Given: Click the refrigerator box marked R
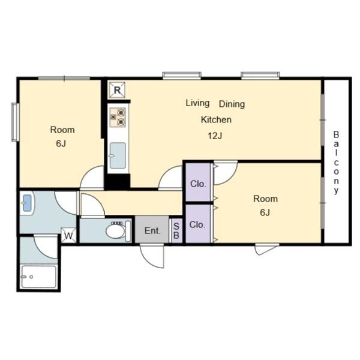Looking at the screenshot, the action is (117, 90).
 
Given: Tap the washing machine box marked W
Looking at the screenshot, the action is (68, 235).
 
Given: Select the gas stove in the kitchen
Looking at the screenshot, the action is (118, 118).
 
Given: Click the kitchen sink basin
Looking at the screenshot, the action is (118, 155).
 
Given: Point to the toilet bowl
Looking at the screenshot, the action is (115, 231).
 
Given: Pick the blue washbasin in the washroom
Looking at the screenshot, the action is (27, 203).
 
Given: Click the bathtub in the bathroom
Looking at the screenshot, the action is (38, 277).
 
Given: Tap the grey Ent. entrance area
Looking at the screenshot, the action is (152, 229).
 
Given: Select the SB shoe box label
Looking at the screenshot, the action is (176, 231).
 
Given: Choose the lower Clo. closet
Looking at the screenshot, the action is (198, 224).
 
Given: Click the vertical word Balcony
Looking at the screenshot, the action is (336, 163).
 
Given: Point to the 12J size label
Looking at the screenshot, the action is (215, 136).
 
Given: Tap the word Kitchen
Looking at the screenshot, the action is (216, 119).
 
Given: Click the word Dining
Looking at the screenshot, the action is (232, 104).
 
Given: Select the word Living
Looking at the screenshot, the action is (197, 103).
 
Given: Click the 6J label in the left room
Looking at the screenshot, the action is (61, 144).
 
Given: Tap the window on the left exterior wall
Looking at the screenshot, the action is (15, 122).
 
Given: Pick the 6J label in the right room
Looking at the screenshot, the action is (265, 212).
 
